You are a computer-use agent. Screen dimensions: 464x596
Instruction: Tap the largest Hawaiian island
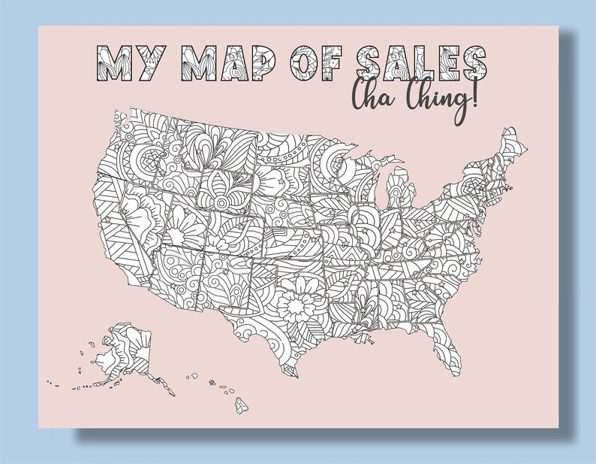click(x=241, y=406)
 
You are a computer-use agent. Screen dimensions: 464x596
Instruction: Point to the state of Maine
click(x=513, y=147)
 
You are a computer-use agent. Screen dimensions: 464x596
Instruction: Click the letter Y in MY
click(x=153, y=62)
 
